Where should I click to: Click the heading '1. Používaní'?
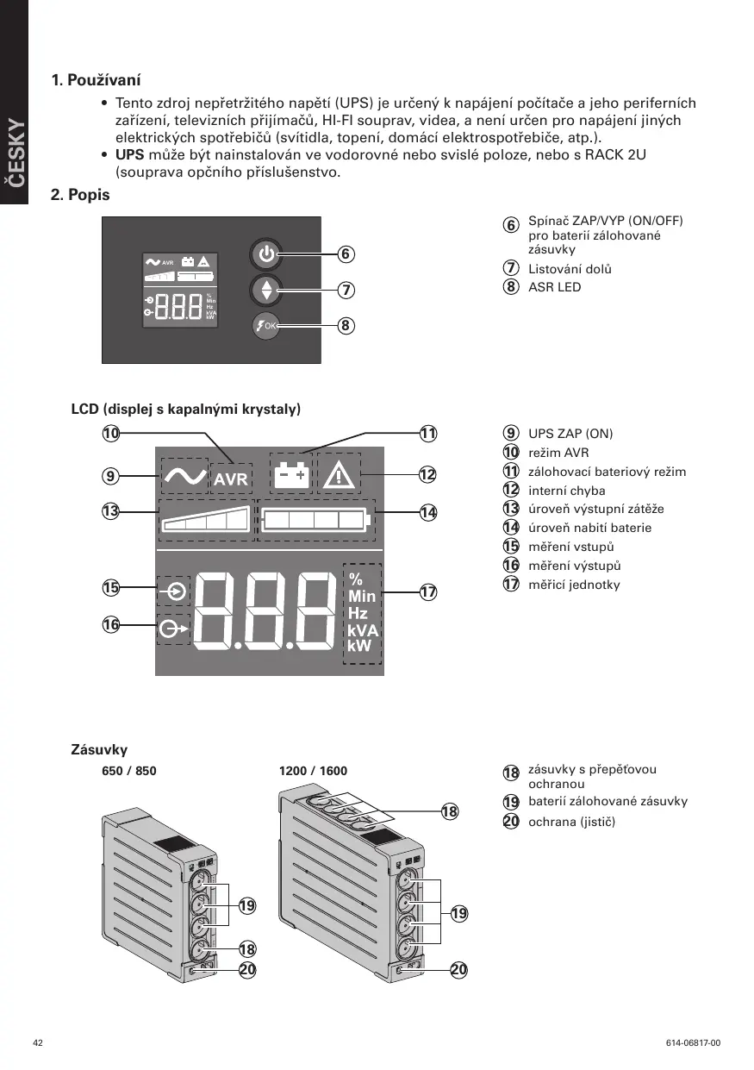pos(96,81)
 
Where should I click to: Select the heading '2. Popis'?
pos(80,195)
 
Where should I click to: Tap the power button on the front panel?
pos(266,254)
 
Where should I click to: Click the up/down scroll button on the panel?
pos(266,290)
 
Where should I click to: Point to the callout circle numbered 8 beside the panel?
pos(345,326)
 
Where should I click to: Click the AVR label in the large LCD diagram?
pos(231,479)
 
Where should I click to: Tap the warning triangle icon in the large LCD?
pos(338,474)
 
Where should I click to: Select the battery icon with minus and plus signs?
pos(290,474)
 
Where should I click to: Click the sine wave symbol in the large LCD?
pos(184,476)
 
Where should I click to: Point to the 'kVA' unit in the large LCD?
pos(362,629)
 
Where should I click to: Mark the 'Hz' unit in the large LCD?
pos(358,613)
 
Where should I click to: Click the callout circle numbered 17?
pos(428,592)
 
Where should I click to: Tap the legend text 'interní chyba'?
pos(566,491)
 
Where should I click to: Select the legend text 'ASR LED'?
pos(554,287)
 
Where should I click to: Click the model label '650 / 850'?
pos(129,771)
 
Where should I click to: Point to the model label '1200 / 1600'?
pos(314,771)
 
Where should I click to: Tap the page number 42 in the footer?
pos(37,1043)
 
